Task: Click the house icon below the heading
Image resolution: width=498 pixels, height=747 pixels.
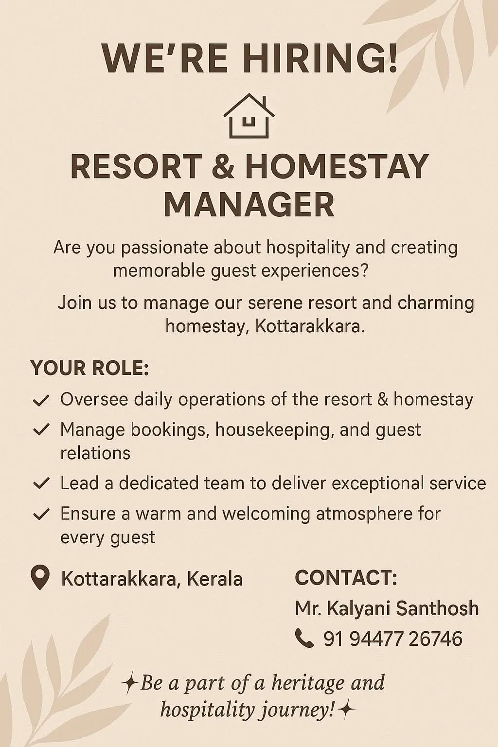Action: click(249, 115)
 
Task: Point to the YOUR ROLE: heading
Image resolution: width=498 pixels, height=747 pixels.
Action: click(89, 368)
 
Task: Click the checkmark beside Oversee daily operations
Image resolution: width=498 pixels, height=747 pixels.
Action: click(41, 401)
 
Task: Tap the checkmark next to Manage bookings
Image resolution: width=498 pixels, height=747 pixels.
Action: click(41, 430)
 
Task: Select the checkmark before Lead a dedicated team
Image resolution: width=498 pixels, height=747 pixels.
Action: click(41, 483)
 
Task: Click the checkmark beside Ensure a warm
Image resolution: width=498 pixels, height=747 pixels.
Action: click(41, 514)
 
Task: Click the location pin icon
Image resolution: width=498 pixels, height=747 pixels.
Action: click(40, 578)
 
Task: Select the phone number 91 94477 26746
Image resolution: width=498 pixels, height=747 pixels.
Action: click(393, 639)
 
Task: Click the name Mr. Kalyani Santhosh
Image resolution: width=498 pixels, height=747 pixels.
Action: click(387, 608)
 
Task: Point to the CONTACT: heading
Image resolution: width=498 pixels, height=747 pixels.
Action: click(346, 578)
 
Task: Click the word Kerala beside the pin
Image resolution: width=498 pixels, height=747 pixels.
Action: click(214, 579)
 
